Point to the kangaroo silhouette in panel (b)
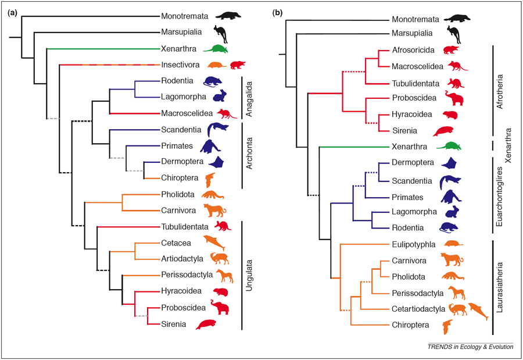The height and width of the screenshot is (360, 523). pos(454,35)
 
